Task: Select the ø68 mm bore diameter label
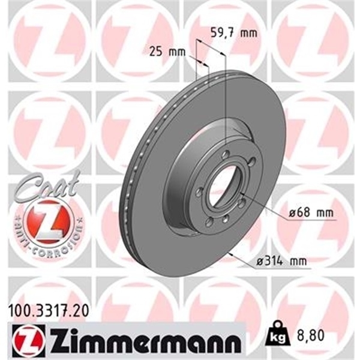point(310,213)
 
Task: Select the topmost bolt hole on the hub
point(224,155)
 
